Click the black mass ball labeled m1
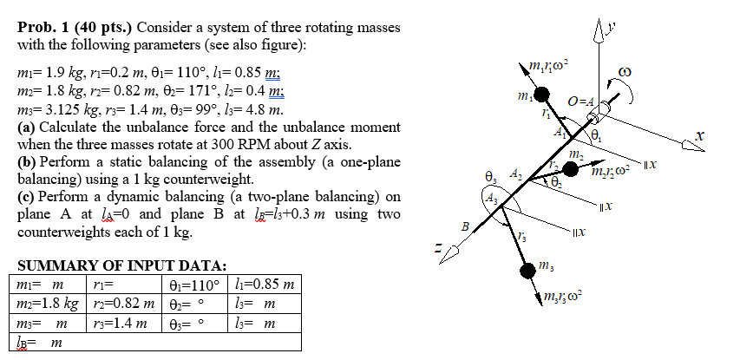coord(540,94)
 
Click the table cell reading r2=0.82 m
coord(121,304)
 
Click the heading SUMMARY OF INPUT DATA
coord(121,265)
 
